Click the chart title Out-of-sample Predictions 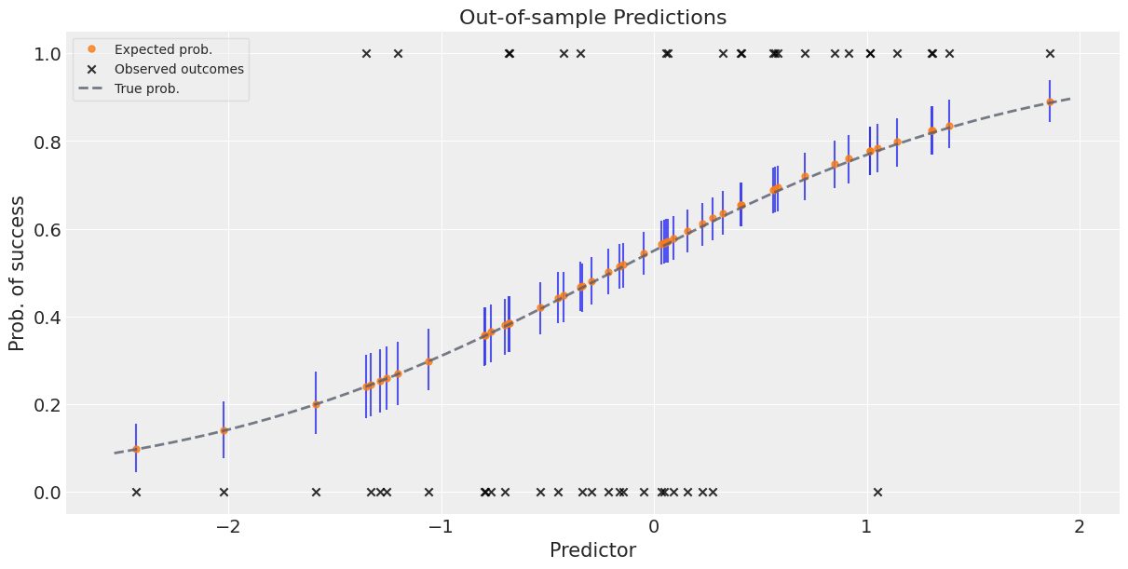click(x=592, y=17)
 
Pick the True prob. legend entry click(x=146, y=88)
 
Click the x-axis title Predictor click(x=592, y=550)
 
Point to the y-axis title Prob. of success click(x=18, y=278)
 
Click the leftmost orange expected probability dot click(x=136, y=449)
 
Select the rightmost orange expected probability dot click(x=1050, y=102)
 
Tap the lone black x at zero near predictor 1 click(x=877, y=492)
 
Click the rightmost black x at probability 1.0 click(x=1050, y=54)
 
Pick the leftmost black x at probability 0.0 click(x=136, y=492)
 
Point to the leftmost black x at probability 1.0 click(x=366, y=54)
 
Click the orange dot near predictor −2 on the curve click(x=224, y=430)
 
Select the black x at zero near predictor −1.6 click(x=316, y=492)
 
